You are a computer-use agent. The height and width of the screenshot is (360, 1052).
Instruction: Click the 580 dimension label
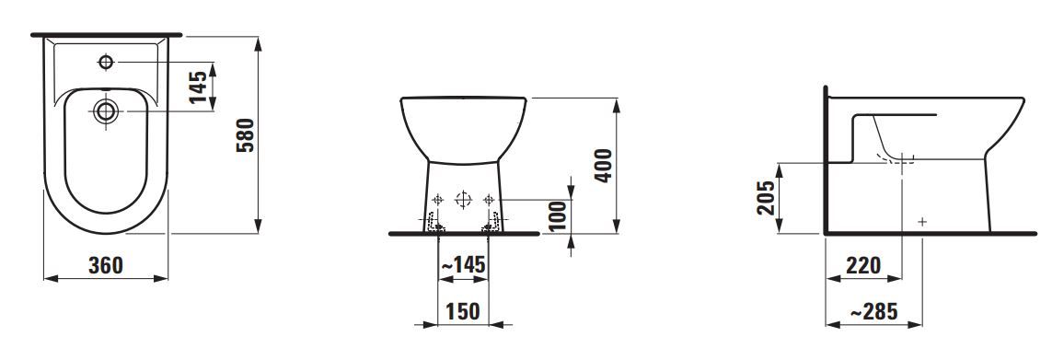[x=247, y=135]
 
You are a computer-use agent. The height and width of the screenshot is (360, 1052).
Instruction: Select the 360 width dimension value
[x=106, y=265]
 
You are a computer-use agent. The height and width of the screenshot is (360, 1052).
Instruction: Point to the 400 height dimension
[x=604, y=165]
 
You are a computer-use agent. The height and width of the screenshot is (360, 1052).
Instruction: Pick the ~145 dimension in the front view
[x=463, y=264]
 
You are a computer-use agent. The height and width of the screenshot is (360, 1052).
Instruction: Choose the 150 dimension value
[x=463, y=311]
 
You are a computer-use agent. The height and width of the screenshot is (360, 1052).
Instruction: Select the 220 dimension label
[x=862, y=265]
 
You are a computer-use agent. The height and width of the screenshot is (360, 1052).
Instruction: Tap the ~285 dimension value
[x=873, y=311]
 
